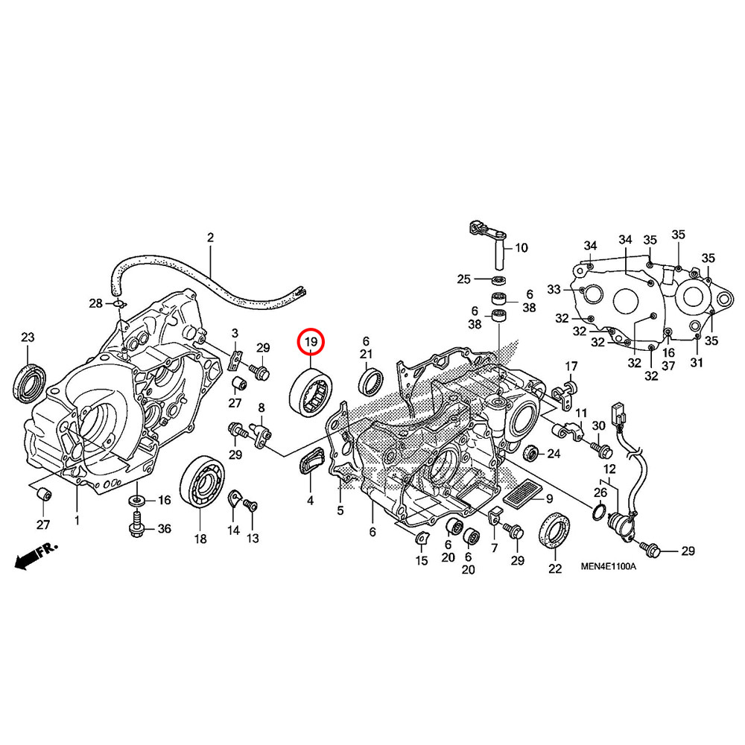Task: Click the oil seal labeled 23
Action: tap(28, 381)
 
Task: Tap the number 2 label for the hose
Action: tap(210, 238)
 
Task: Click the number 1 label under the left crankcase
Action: tap(76, 519)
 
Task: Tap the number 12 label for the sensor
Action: tap(609, 469)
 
